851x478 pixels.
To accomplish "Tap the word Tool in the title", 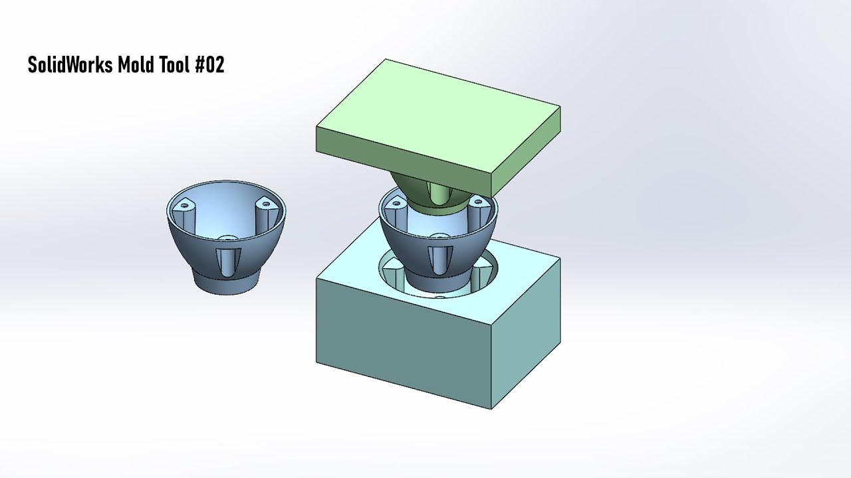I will pos(176,65).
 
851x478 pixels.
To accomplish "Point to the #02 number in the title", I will pos(210,65).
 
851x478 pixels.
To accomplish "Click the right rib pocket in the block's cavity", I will pos(483,271).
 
